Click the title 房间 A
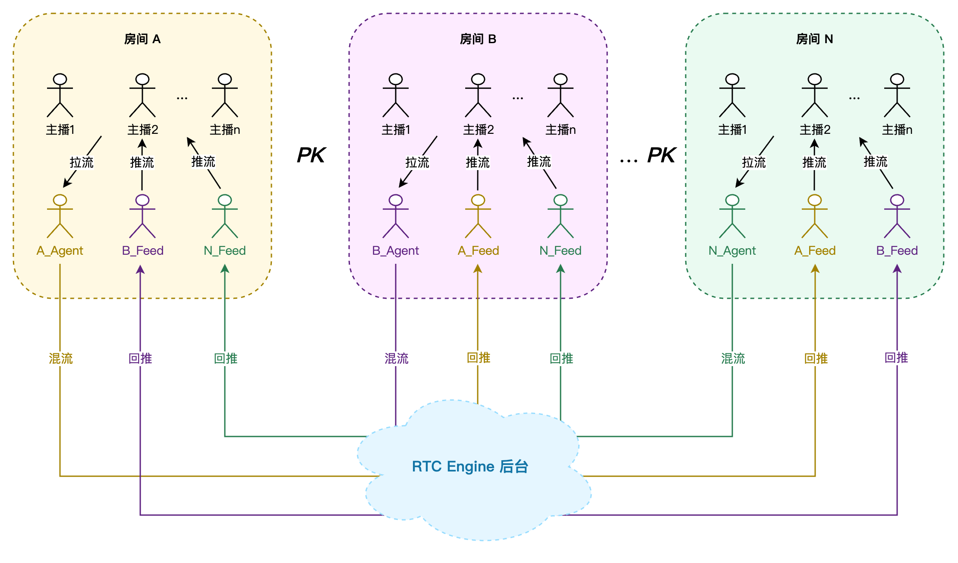pyautogui.click(x=142, y=39)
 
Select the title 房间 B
pyautogui.click(x=478, y=39)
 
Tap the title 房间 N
pyautogui.click(x=814, y=39)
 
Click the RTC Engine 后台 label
pyautogui.click(x=470, y=467)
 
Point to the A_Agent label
pyautogui.click(x=60, y=251)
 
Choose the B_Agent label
pyautogui.click(x=396, y=251)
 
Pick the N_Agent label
pyautogui.click(x=732, y=251)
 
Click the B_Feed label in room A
pyautogui.click(x=142, y=251)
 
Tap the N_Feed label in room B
pyautogui.click(x=560, y=251)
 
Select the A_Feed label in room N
pyautogui.click(x=815, y=251)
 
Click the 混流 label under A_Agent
pyautogui.click(x=60, y=358)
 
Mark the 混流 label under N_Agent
pyautogui.click(x=733, y=358)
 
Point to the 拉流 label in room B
pyautogui.click(x=417, y=162)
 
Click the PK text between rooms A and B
pyautogui.click(x=311, y=155)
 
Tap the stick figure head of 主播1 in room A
pyautogui.click(x=60, y=79)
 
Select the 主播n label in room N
pyautogui.click(x=897, y=130)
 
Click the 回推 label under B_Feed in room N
pyautogui.click(x=896, y=358)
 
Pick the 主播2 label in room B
pyautogui.click(x=478, y=130)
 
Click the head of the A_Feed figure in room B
pyautogui.click(x=478, y=200)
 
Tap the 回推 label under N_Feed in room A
pyautogui.click(x=226, y=358)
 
